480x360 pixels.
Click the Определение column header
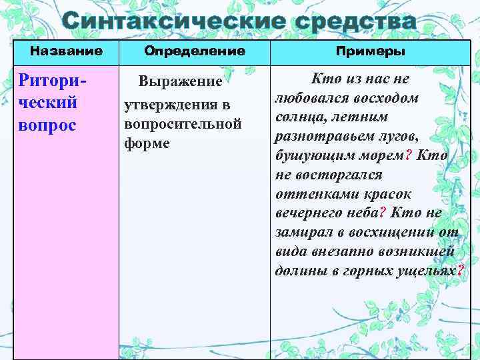click(195, 51)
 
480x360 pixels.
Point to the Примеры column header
click(371, 51)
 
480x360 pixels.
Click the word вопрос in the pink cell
click(48, 125)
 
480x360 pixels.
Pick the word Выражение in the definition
click(180, 82)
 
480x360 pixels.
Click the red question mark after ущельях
click(461, 270)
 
